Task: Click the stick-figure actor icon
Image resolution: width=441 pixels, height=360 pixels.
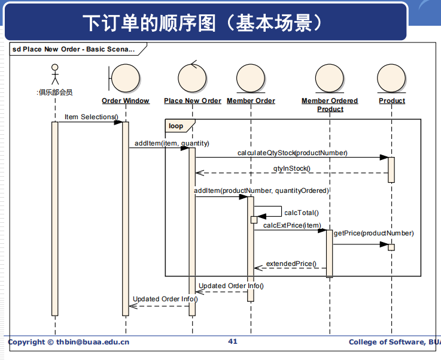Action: [55, 74]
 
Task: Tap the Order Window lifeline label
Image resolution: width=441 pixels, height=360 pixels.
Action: [126, 101]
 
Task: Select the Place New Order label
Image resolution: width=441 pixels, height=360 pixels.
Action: [193, 101]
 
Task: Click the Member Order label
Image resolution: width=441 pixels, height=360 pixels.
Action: [251, 101]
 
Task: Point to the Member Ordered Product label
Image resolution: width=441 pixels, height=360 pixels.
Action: [330, 105]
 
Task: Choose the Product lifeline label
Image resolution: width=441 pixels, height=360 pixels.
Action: [392, 101]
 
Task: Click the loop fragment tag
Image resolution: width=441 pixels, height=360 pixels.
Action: [177, 126]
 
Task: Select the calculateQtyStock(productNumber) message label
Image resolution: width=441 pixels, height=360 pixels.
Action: [292, 153]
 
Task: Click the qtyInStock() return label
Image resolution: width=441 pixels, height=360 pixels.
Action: [292, 168]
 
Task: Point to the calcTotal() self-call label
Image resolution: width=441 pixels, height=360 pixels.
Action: [302, 212]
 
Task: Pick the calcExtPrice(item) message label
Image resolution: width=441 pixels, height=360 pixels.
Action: [292, 225]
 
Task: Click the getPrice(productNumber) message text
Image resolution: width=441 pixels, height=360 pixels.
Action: [373, 233]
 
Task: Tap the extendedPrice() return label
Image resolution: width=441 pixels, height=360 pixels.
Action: [291, 263]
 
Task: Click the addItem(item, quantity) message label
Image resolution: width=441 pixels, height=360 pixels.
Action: [172, 143]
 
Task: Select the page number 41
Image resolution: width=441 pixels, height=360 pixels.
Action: [233, 341]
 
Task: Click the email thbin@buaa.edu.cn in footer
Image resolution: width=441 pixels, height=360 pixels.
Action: [93, 342]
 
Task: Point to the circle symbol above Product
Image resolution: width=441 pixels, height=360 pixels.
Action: [392, 78]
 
